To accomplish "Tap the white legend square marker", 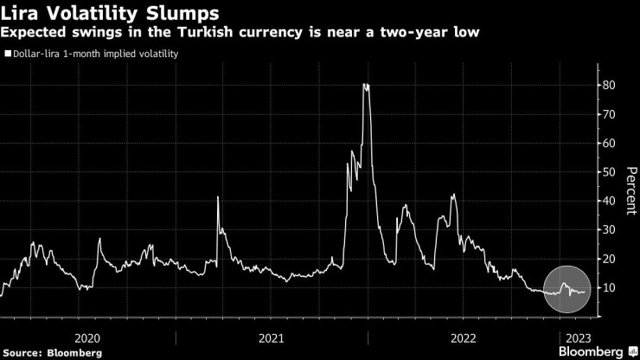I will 7,54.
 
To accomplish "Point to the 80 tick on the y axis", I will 609,85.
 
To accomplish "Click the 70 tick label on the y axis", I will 609,114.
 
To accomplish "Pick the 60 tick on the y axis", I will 609,143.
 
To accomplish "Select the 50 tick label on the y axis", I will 609,172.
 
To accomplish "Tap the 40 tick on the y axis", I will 609,201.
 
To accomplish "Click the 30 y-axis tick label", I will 609,230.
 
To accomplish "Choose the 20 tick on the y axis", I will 609,259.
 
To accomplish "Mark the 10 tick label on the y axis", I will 609,287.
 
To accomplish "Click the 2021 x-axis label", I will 271,337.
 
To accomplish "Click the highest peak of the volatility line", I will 366,85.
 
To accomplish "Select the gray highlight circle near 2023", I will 568,290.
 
